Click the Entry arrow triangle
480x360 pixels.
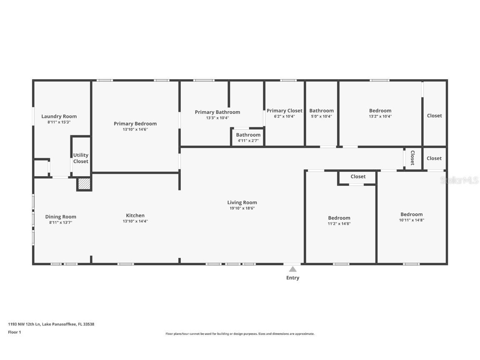(293, 269)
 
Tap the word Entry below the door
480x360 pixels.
(292, 278)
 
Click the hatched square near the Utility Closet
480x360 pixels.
(84, 184)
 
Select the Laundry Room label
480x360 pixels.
(59, 116)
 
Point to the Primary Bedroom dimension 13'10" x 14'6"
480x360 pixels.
(135, 130)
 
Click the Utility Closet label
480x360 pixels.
(81, 158)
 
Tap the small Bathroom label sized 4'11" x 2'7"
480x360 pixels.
(248, 135)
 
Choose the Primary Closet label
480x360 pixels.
(285, 111)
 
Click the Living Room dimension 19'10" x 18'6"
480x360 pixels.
(242, 208)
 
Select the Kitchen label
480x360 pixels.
(135, 215)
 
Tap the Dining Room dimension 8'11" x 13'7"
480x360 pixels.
(60, 222)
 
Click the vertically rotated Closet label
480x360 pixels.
(412, 157)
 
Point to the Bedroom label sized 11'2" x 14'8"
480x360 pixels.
(339, 218)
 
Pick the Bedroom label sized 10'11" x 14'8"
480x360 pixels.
(411, 215)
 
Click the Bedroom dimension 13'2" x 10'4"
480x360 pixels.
(380, 117)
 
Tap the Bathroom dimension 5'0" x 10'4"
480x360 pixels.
(321, 117)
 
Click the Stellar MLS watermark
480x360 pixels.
(460, 180)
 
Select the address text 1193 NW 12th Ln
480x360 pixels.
(24, 324)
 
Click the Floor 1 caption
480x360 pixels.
(14, 332)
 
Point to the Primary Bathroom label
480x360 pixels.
(217, 112)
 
